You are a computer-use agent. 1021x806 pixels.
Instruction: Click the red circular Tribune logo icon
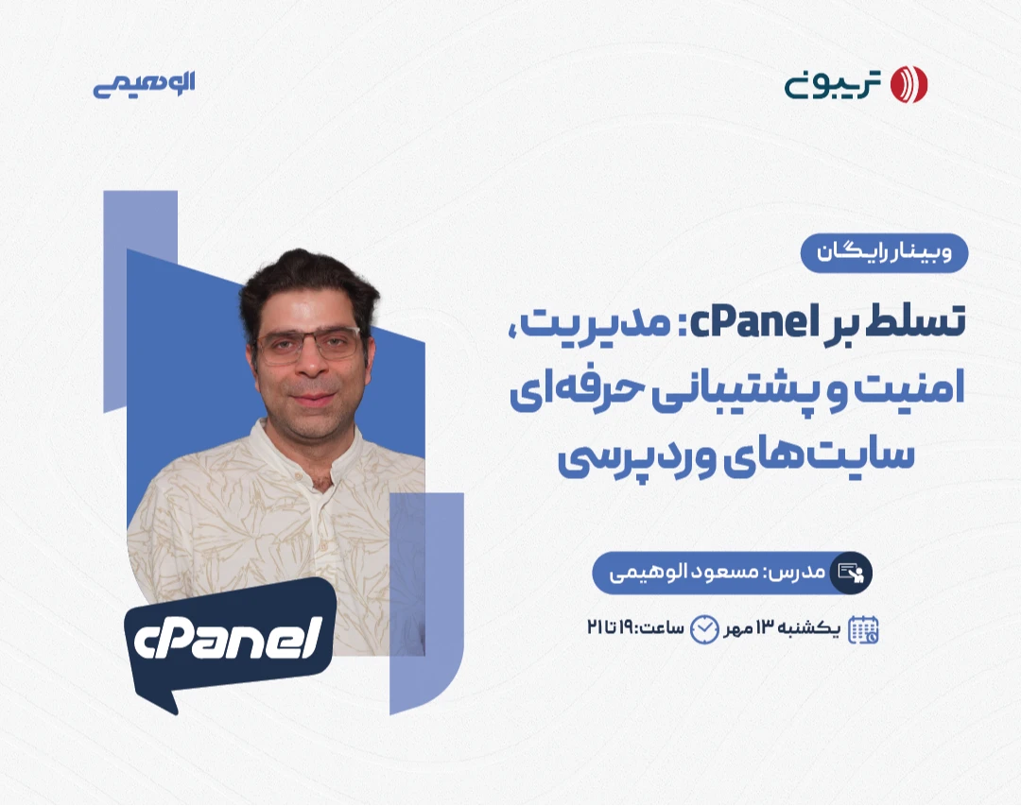(909, 84)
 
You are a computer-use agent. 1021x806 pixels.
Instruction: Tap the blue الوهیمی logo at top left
(144, 83)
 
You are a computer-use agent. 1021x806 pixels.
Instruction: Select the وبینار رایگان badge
(885, 253)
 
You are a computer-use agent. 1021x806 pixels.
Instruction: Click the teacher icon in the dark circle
(851, 573)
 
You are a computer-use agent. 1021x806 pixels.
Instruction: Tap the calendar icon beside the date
(863, 629)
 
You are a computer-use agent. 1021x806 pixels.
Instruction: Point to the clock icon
(704, 629)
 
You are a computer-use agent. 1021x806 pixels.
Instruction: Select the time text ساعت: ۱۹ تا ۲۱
(637, 629)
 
